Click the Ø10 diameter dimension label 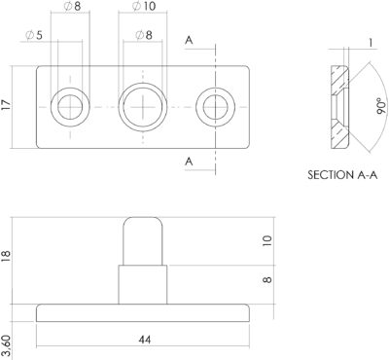pos(144,6)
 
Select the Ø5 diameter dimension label pos(34,35)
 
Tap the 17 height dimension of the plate pos(6,105)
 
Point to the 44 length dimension pos(145,341)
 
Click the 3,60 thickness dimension pos(6,347)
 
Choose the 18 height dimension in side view pos(6,256)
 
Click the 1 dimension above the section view pos(371,43)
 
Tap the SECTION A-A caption pos(342,175)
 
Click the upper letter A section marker pos(189,41)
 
